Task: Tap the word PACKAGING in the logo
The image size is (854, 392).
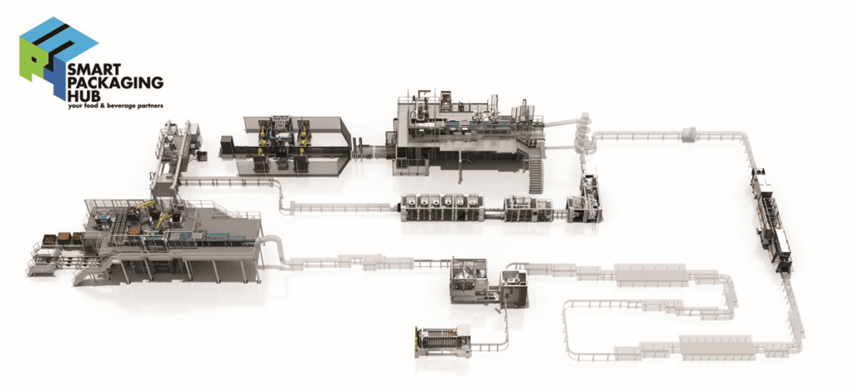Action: [x=117, y=84]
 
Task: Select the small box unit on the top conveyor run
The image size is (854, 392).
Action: [x=690, y=133]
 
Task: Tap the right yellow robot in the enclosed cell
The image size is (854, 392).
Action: [x=305, y=133]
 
